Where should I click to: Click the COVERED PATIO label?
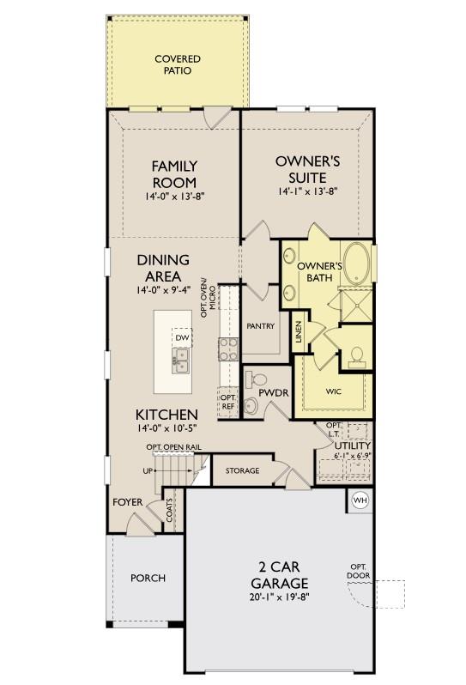point(178,64)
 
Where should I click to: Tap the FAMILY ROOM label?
point(174,173)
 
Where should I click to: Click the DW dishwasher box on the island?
point(181,338)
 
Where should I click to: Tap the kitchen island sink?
point(180,364)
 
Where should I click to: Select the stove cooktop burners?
point(229,348)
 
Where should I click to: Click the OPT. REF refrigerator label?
point(227,402)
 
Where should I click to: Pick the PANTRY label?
point(259,326)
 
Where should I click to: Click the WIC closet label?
point(334,391)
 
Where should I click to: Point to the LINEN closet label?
point(298,330)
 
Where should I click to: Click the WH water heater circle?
point(360,500)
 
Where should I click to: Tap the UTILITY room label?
point(352,446)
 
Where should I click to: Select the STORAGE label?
point(242,471)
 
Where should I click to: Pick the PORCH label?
point(148,578)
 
